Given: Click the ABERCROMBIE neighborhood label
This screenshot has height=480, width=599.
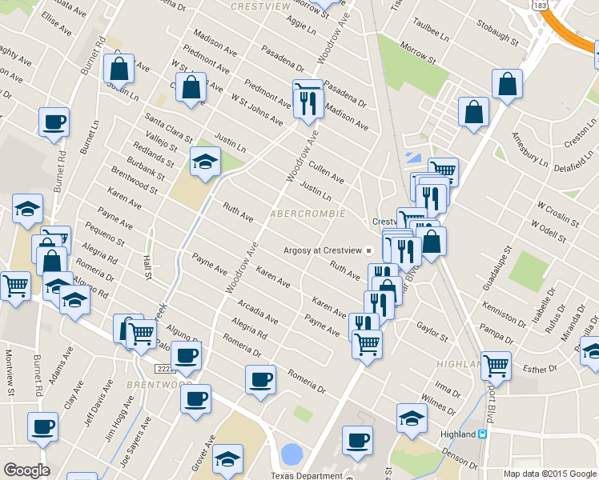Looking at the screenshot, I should (308, 214).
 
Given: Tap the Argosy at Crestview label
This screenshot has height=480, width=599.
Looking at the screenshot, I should (323, 250).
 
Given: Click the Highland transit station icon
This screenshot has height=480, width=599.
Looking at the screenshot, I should (482, 434).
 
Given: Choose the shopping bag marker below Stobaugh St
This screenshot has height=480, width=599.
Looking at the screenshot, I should (507, 84).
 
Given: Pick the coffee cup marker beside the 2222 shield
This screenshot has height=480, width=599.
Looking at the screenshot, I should (186, 356).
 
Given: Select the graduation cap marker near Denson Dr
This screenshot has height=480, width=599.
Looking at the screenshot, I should (412, 418).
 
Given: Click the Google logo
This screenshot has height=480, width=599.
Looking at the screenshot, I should (26, 470).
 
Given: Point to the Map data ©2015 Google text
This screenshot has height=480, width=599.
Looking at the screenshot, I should (549, 474).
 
